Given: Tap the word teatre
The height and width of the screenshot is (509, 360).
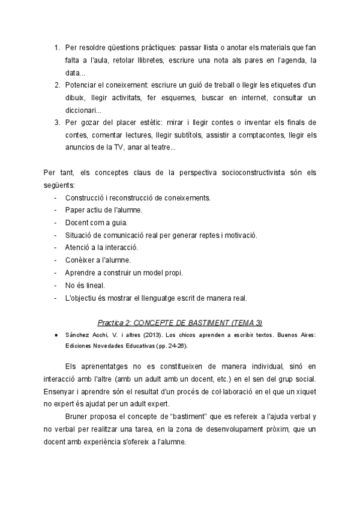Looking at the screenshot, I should tap(161, 148).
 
